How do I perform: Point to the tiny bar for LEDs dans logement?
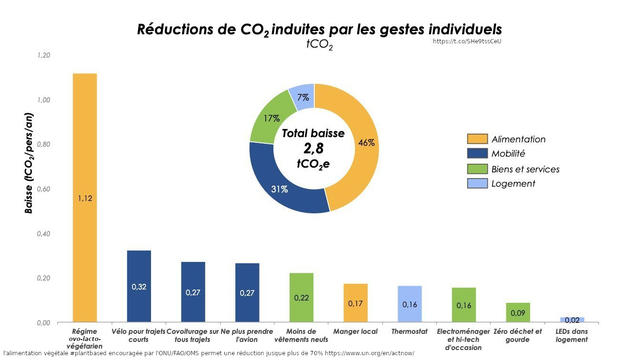572,320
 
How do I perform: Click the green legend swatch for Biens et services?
477,169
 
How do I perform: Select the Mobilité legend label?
508,154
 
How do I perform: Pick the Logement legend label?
513,184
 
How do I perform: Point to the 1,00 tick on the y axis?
44,100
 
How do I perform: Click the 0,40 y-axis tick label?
44,234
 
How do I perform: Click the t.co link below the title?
467,41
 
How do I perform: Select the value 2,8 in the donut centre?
313,149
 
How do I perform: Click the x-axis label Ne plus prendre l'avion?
247,335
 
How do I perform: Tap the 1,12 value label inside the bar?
85,199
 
